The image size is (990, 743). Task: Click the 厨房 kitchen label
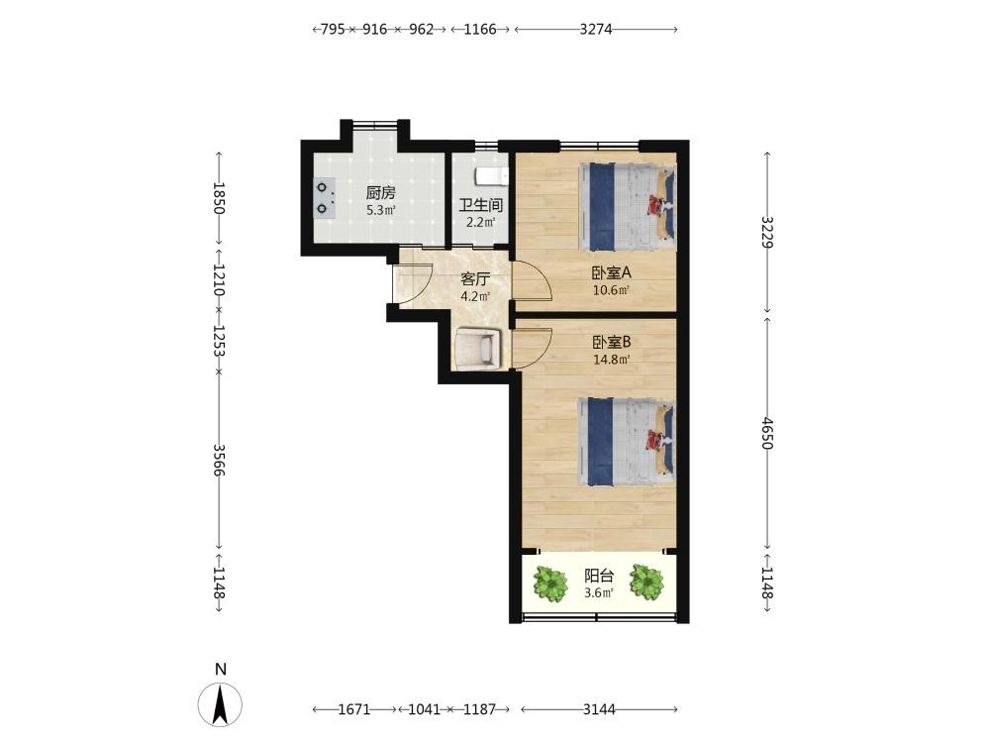(381, 193)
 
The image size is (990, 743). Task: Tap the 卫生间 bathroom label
(480, 205)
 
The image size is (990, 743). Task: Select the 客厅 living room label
(475, 279)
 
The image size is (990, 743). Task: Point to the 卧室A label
(611, 273)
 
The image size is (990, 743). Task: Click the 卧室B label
(611, 342)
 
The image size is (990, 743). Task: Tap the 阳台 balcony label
(599, 576)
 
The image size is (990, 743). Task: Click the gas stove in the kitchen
(325, 197)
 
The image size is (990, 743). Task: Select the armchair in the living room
(478, 348)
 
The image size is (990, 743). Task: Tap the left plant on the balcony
(550, 584)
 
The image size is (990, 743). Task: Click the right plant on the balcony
(647, 582)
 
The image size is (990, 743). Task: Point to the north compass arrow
(220, 704)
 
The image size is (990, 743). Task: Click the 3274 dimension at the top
(596, 29)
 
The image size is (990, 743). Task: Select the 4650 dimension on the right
(767, 433)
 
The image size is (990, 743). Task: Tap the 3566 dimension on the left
(219, 460)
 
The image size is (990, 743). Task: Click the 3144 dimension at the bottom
(599, 709)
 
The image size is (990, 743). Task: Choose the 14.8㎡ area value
(612, 360)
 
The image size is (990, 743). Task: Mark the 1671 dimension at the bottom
(354, 709)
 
